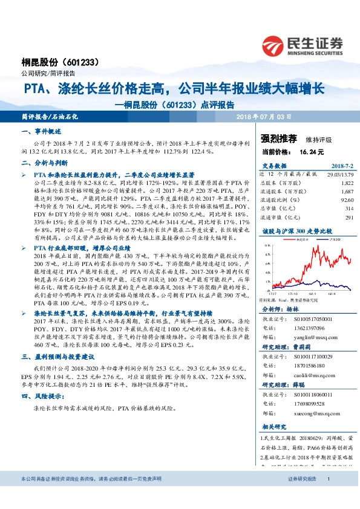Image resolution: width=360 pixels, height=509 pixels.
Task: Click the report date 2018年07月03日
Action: [263, 115]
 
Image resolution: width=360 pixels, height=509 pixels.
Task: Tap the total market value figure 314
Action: [348, 208]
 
